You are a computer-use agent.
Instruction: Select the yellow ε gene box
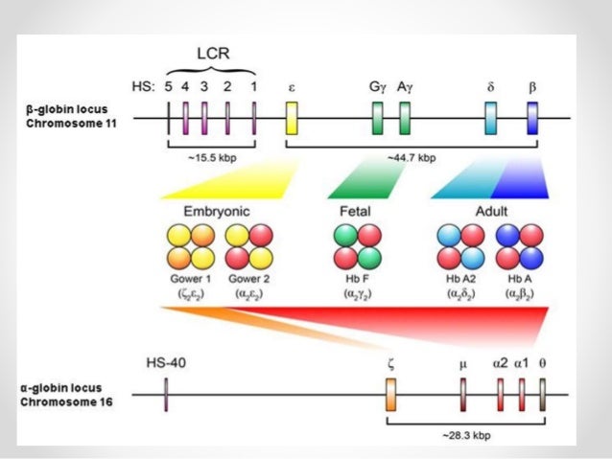pyautogui.click(x=292, y=119)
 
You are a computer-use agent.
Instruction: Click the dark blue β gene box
pyautogui.click(x=532, y=119)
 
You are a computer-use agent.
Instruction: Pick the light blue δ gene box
pyautogui.click(x=491, y=119)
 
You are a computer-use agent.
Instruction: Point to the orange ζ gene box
pyautogui.click(x=391, y=394)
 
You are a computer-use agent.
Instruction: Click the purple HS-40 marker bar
pyautogui.click(x=166, y=394)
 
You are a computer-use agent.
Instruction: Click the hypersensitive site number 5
pyautogui.click(x=168, y=86)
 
